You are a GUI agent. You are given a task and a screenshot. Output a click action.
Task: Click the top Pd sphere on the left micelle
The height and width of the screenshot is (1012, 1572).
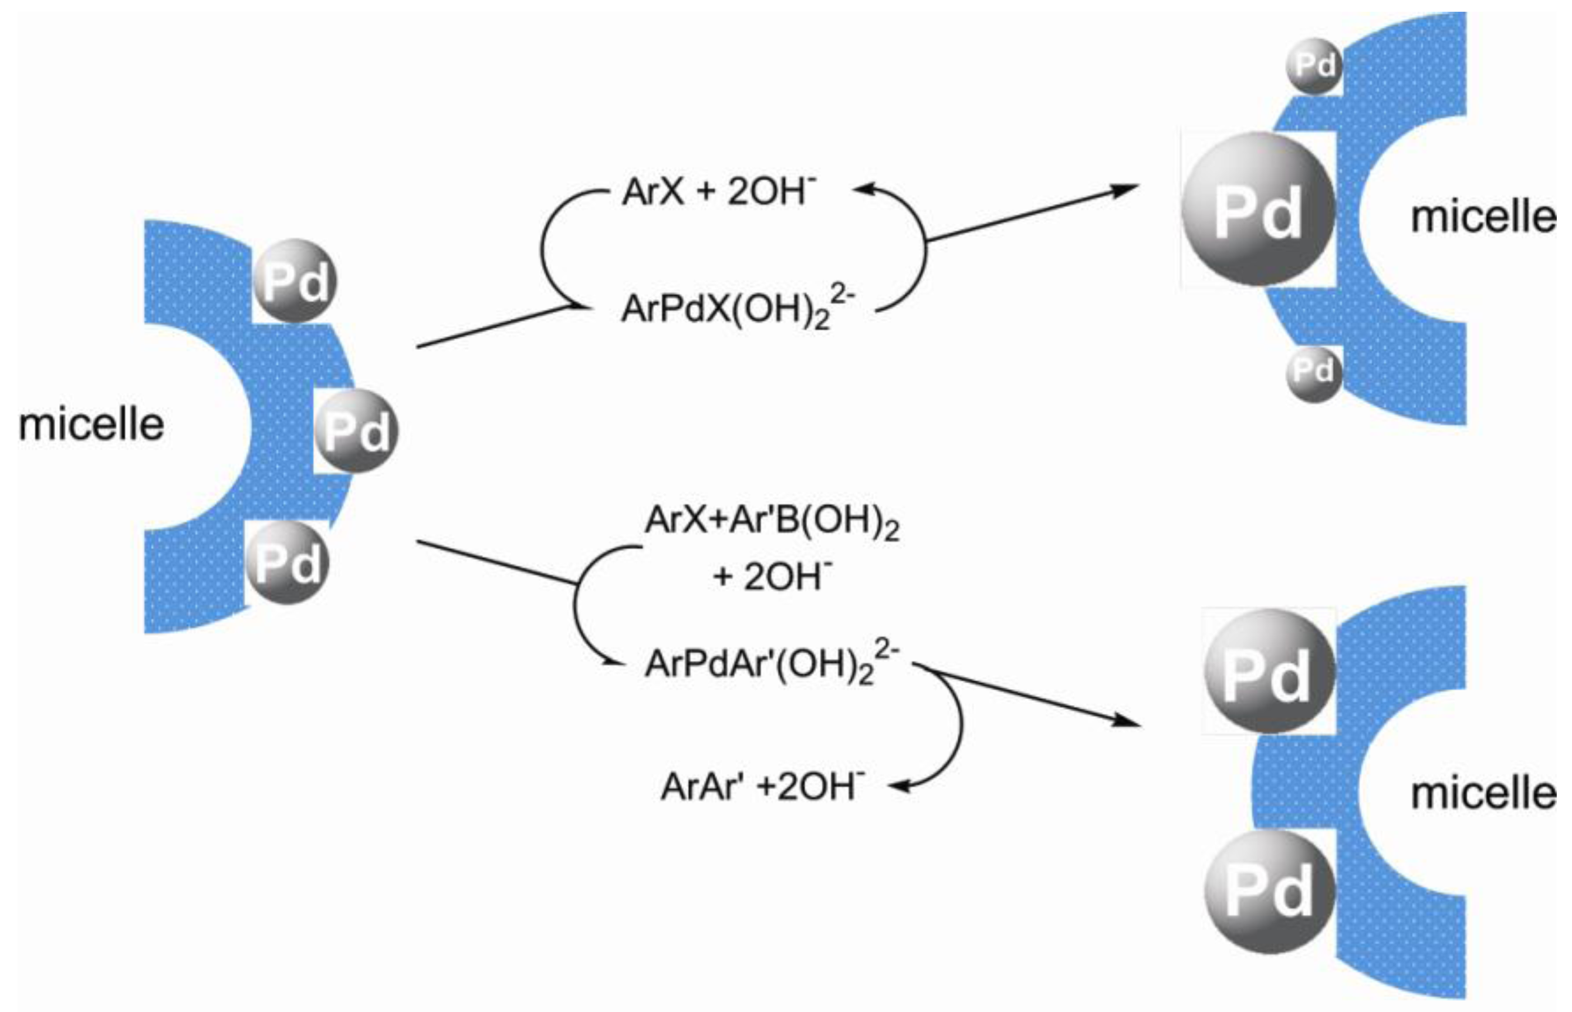click(x=295, y=281)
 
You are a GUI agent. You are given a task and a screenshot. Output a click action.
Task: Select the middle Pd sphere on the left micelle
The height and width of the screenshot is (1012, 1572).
click(x=356, y=430)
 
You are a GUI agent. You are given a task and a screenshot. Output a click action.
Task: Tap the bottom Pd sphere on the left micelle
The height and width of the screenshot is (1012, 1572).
click(x=287, y=562)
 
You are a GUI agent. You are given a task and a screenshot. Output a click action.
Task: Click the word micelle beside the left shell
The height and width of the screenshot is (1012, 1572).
click(x=92, y=424)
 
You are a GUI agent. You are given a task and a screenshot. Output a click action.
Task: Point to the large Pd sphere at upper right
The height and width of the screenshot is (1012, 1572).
click(x=1258, y=210)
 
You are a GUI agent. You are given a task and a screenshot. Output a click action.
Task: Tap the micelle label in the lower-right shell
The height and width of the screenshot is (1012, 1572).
click(x=1483, y=793)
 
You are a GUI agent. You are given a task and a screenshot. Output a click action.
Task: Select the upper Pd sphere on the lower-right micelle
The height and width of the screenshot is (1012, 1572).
click(x=1269, y=672)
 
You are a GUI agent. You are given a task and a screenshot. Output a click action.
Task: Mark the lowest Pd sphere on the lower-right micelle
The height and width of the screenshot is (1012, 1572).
click(x=1269, y=892)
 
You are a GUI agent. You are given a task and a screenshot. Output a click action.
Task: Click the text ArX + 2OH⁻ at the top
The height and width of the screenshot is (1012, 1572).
click(x=719, y=193)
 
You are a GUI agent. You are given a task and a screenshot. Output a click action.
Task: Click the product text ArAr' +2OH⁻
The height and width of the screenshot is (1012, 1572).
click(x=762, y=786)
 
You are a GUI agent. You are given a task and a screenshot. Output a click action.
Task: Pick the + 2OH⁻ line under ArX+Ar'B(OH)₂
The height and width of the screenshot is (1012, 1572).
click(x=772, y=577)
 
